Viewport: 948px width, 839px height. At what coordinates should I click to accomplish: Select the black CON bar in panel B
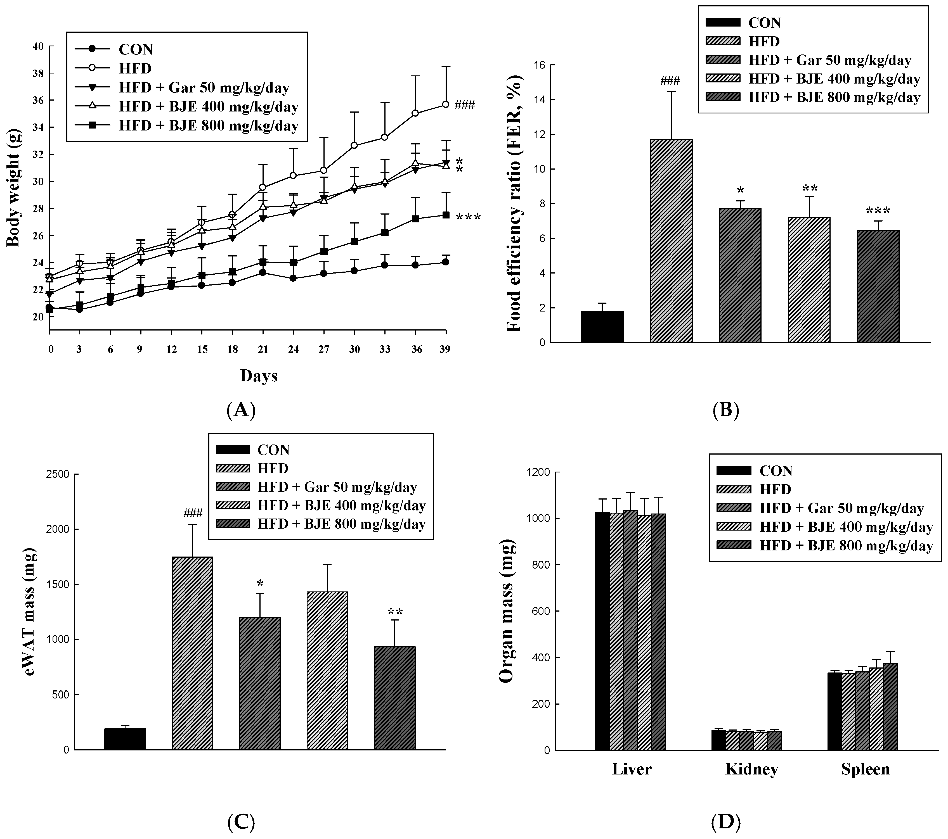click(602, 327)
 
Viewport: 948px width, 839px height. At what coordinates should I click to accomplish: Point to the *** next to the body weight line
click(468, 217)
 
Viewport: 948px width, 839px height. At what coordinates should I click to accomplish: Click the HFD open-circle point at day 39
click(445, 105)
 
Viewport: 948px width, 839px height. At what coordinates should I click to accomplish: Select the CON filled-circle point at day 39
click(445, 262)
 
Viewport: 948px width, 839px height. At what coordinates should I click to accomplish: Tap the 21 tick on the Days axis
click(263, 350)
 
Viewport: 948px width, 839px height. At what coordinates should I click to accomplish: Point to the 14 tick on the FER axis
click(539, 100)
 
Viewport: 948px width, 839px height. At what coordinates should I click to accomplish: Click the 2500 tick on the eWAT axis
click(58, 474)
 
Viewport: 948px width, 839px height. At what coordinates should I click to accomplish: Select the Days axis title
click(258, 375)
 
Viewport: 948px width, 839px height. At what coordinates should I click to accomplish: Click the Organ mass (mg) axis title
click(507, 611)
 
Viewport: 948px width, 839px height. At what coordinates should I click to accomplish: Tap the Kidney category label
click(751, 769)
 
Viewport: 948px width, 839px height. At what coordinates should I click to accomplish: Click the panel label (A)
click(241, 410)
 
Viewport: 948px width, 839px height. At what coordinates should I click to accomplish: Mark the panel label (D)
click(725, 822)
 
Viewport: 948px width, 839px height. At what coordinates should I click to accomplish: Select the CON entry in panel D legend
click(776, 471)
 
